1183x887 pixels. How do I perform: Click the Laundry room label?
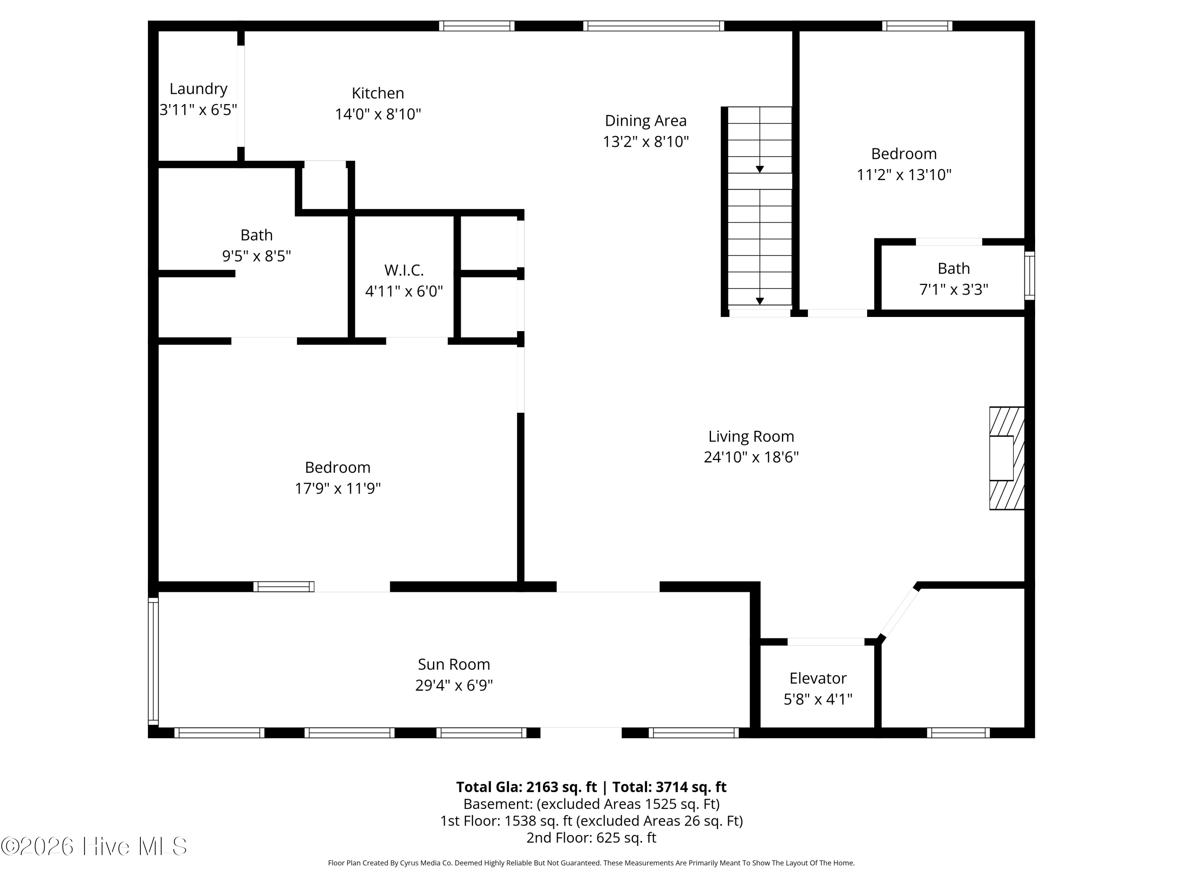pos(198,89)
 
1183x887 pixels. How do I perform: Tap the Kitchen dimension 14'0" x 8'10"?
pos(378,114)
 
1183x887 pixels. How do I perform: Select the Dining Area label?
pos(646,121)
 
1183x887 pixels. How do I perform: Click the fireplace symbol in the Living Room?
pos(1006,458)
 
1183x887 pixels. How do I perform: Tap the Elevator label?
pos(818,678)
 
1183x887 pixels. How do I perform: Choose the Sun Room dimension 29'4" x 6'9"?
pos(454,686)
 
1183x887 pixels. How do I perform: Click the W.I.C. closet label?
pos(404,270)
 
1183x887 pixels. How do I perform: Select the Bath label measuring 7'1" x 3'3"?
pos(953,268)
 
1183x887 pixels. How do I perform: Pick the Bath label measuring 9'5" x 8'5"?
pos(257,235)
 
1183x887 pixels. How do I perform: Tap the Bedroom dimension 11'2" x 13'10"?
pos(904,175)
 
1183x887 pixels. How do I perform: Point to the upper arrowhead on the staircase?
pos(759,170)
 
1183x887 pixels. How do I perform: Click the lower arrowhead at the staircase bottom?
pos(759,301)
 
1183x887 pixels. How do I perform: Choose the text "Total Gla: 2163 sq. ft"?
pos(526,787)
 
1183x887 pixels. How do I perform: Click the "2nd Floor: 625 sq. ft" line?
pos(591,837)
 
